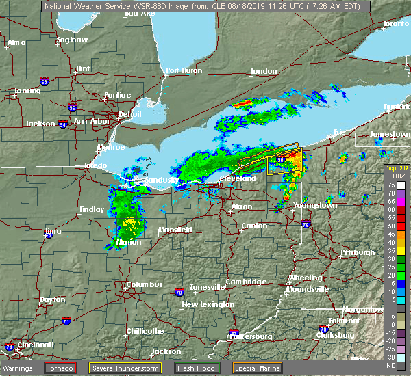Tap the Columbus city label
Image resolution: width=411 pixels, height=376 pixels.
click(145, 284)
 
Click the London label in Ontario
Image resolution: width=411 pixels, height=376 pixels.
click(264, 71)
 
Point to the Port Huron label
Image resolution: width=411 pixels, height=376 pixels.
click(183, 70)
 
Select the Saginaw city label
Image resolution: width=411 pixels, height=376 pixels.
click(72, 40)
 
